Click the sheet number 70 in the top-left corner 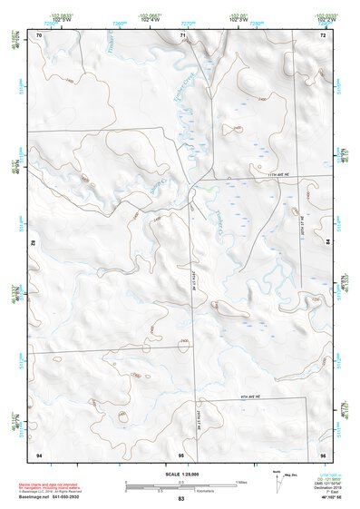click(38, 34)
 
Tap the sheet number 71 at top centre click(181, 34)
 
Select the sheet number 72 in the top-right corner click(323, 34)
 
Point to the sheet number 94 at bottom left click(38, 454)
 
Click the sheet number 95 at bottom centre click(181, 454)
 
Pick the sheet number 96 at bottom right click(323, 454)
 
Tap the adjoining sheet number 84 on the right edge click(327, 243)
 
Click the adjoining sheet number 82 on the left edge click(34, 243)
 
